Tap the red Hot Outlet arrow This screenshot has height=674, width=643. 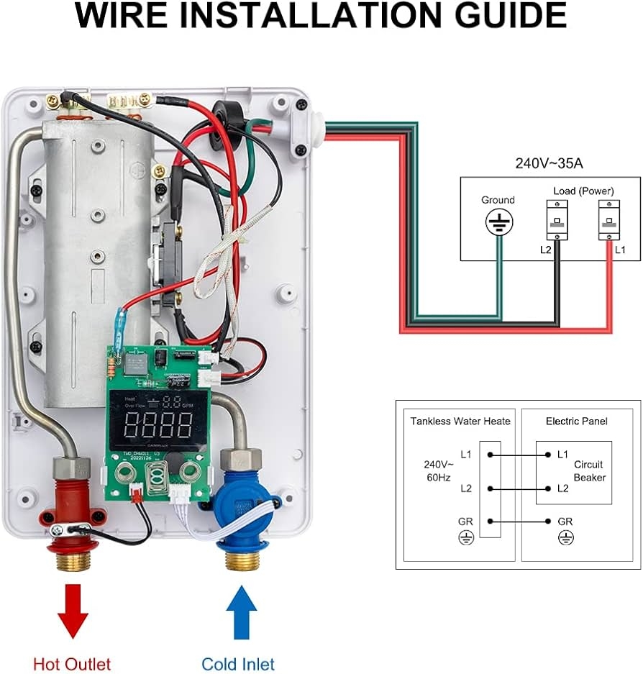(73, 609)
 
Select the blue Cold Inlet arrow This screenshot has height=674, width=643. (241, 609)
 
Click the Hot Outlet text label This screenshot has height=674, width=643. (72, 663)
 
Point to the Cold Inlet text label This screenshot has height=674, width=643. (238, 663)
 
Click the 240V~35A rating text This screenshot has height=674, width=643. (549, 163)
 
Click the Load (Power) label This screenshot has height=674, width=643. (583, 191)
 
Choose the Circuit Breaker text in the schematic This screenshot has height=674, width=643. (589, 471)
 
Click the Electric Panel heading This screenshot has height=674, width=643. (576, 422)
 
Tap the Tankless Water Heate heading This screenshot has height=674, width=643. (460, 422)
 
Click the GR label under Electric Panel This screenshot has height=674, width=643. (565, 521)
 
